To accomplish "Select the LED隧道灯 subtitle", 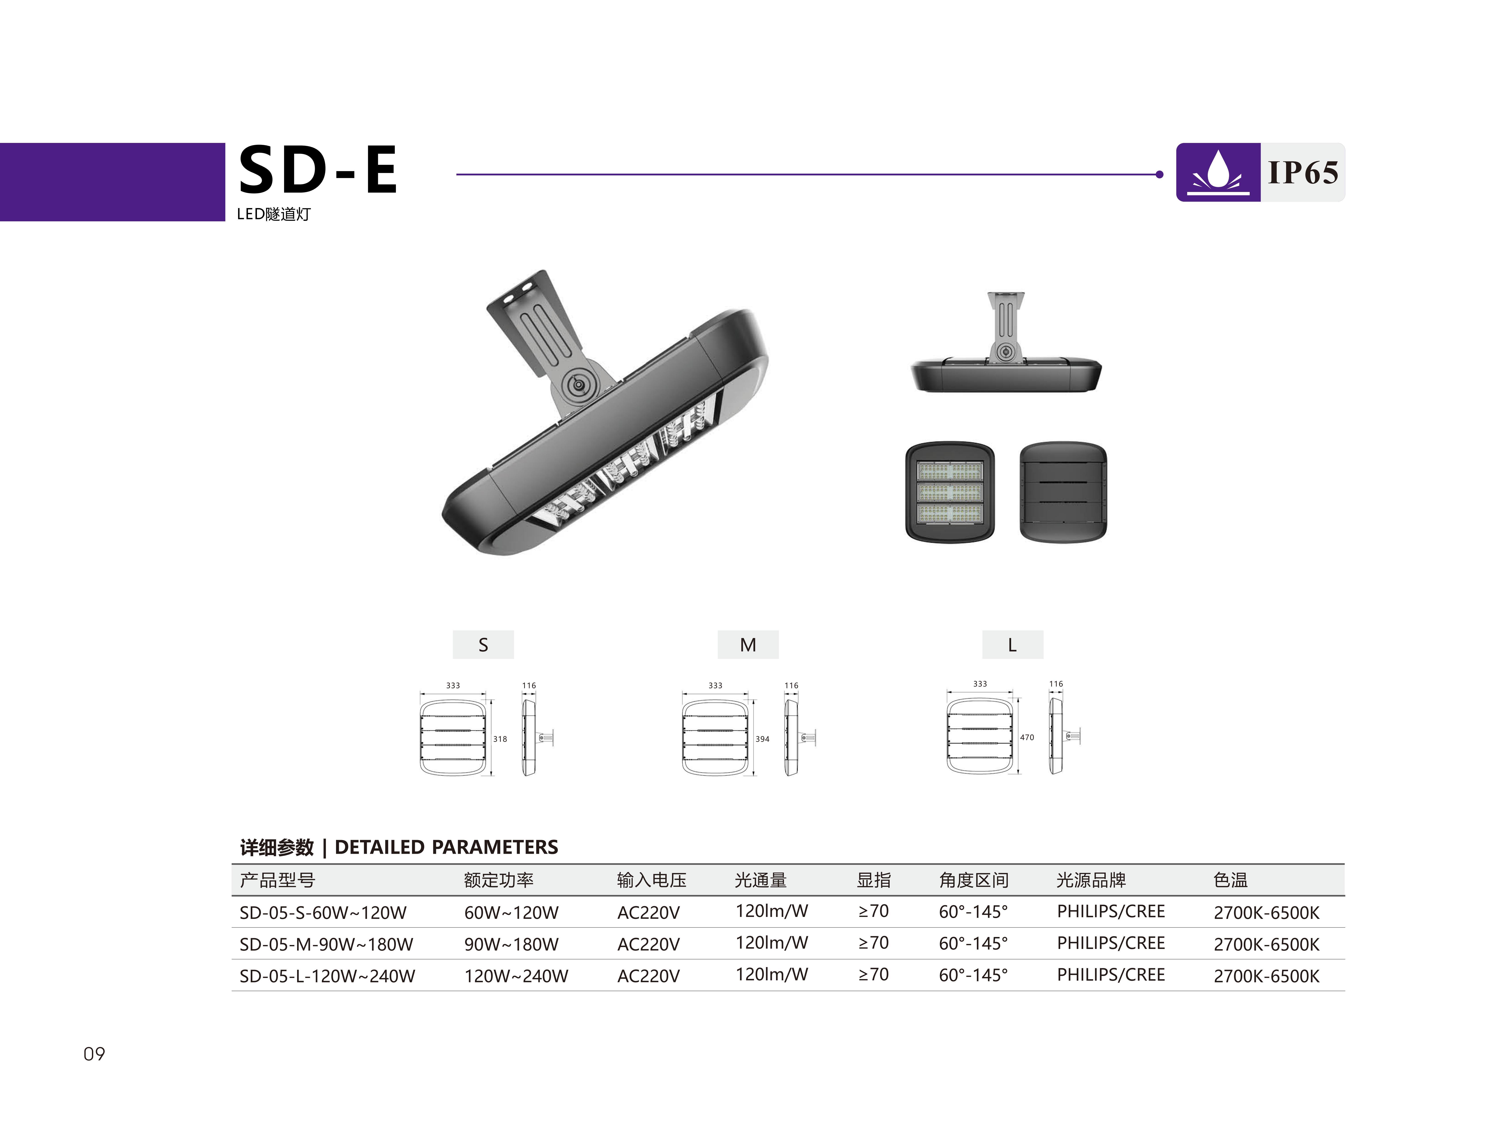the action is [x=273, y=214].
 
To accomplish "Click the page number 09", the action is [x=94, y=1054].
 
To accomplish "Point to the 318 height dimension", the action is [x=500, y=739].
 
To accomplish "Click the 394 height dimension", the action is [x=763, y=739].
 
